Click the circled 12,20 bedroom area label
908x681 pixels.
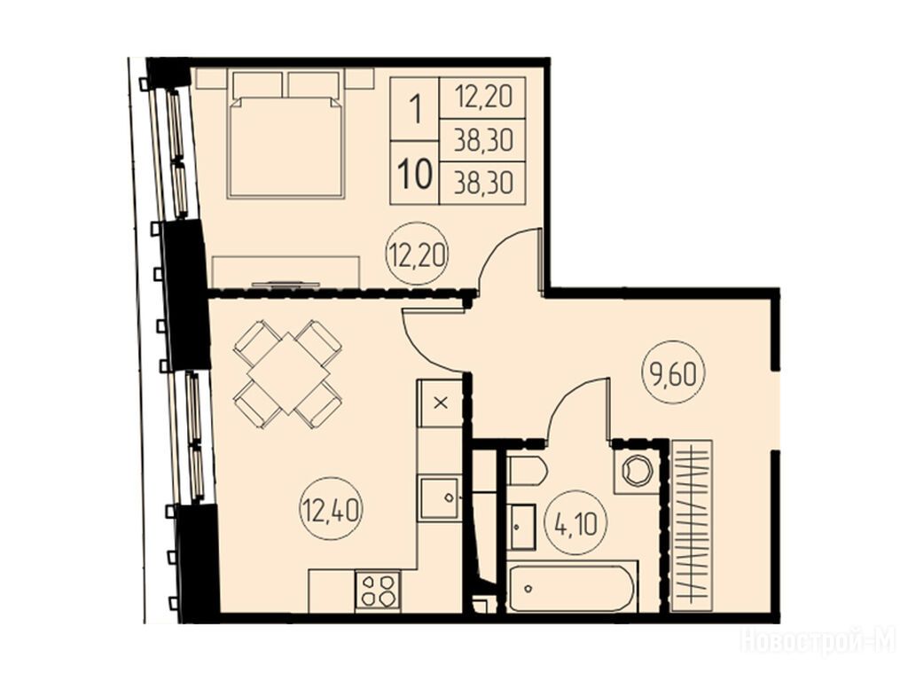pos(418,254)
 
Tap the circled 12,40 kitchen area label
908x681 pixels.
pos(332,510)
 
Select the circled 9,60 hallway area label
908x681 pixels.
pos(673,375)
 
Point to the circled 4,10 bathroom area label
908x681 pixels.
pos(575,522)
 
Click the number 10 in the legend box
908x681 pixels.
pos(415,173)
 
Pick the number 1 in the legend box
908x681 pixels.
pos(415,109)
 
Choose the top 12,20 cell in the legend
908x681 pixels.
pos(483,98)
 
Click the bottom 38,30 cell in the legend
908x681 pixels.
pos(483,184)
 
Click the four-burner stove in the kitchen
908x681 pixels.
pos(378,590)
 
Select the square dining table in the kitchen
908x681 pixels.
pos(287,373)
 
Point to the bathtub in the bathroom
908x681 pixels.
pos(573,586)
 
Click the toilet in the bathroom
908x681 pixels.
pos(527,470)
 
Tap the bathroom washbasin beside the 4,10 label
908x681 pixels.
pos(522,527)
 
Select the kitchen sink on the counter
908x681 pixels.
pos(440,498)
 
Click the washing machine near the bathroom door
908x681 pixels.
pos(636,470)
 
